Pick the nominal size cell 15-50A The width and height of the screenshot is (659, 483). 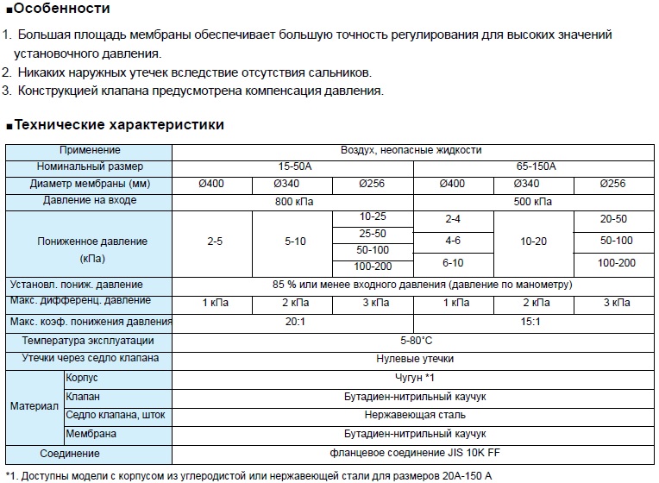(292, 166)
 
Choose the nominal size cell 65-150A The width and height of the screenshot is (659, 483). (536, 166)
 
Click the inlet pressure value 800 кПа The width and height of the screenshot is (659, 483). (292, 201)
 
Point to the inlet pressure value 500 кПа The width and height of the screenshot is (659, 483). (536, 201)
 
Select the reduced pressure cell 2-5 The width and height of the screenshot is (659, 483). (215, 241)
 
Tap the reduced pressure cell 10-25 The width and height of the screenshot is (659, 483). (373, 216)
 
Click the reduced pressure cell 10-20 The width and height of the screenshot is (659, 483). (535, 241)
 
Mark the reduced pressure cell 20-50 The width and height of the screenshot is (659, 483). (613, 219)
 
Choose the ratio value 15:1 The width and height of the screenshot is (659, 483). (536, 321)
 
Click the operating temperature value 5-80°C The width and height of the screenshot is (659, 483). (416, 341)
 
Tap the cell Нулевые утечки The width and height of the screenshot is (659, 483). (415, 359)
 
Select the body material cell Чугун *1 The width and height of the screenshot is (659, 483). (415, 378)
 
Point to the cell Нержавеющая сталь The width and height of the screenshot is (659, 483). (415, 415)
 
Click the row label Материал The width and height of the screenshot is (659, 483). (34, 405)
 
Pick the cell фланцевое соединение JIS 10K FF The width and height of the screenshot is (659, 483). (415, 453)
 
